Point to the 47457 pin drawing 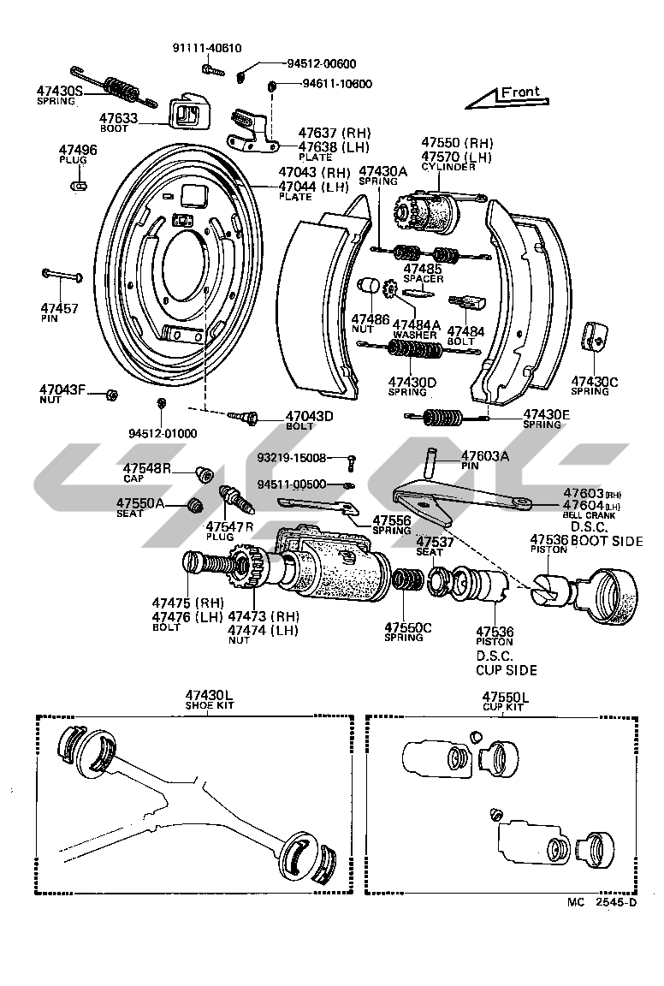pyautogui.click(x=61, y=276)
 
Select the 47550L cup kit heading pyautogui.click(x=505, y=697)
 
